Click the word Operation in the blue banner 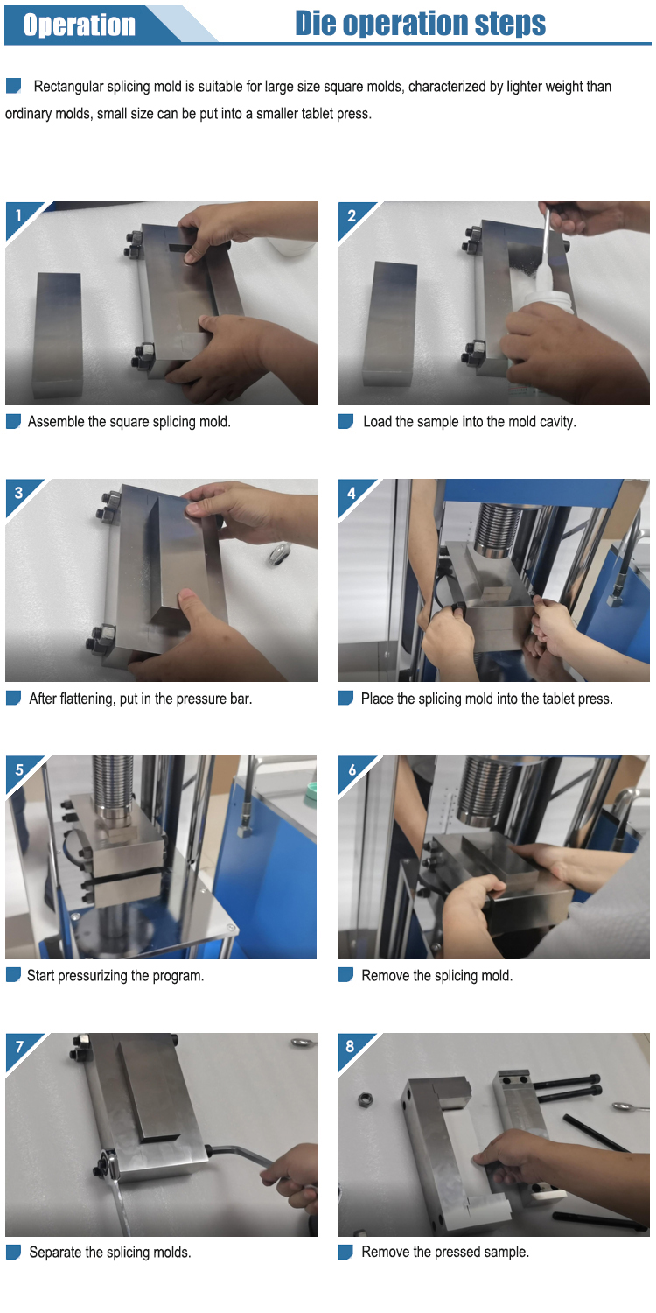(79, 25)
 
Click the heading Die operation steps (420, 24)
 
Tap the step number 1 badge (18, 215)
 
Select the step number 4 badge (352, 493)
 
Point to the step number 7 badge (19, 1047)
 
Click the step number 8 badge (350, 1046)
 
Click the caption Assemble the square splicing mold (129, 421)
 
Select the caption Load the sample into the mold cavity (469, 421)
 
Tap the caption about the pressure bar (141, 699)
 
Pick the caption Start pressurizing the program (115, 975)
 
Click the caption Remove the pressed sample (445, 1252)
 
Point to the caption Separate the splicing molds (110, 1253)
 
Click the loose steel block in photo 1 (58, 334)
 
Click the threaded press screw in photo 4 (499, 530)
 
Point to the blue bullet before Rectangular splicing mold (13, 86)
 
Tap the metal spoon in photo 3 (279, 554)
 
